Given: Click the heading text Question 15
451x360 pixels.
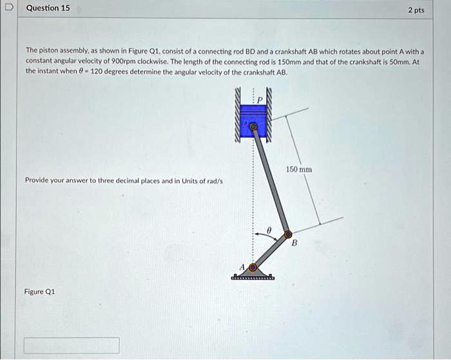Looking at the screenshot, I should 49,8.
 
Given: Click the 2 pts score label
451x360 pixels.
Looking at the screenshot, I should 416,10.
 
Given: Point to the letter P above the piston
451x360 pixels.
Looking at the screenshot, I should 260,100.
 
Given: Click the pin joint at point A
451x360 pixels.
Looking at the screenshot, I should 253,267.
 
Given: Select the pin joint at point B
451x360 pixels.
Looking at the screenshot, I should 288,234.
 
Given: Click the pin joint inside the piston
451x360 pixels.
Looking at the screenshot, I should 253,128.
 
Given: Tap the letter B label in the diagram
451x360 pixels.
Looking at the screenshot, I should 295,243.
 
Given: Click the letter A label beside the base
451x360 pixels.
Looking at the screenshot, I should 243,267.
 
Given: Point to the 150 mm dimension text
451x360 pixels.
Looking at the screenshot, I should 300,169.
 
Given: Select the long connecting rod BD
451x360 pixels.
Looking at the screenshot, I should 271,180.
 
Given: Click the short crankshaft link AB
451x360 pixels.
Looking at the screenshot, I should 271,251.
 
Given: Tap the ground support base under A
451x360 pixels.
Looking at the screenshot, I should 253,277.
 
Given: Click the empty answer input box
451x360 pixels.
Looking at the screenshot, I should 72,345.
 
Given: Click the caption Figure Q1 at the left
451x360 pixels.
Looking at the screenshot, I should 39,292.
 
